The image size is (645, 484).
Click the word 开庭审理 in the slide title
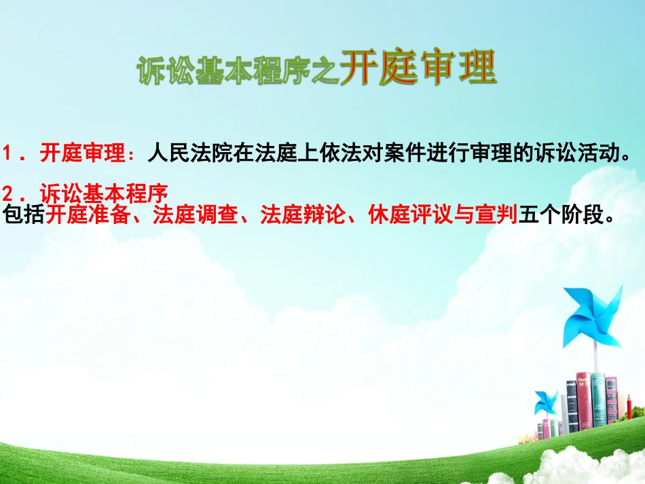418,68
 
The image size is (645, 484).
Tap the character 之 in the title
326,71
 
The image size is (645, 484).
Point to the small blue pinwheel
545,402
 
